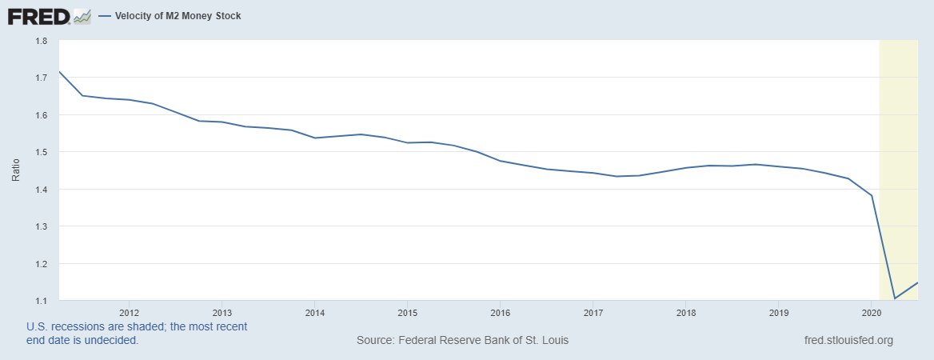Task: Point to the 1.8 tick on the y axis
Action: [x=42, y=41]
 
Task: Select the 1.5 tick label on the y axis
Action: [x=42, y=152]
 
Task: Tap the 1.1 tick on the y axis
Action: [x=42, y=301]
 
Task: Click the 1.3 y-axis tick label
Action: [x=42, y=226]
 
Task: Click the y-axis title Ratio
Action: [x=15, y=170]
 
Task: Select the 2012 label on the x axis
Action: [x=129, y=312]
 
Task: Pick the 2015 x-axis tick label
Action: [x=407, y=312]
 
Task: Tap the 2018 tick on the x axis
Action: [x=685, y=312]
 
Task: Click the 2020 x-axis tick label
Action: [x=871, y=312]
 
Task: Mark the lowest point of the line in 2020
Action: [x=894, y=298]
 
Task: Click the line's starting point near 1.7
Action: [x=59, y=72]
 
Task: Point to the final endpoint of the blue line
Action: [x=917, y=282]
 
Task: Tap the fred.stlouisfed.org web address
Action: [x=848, y=341]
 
